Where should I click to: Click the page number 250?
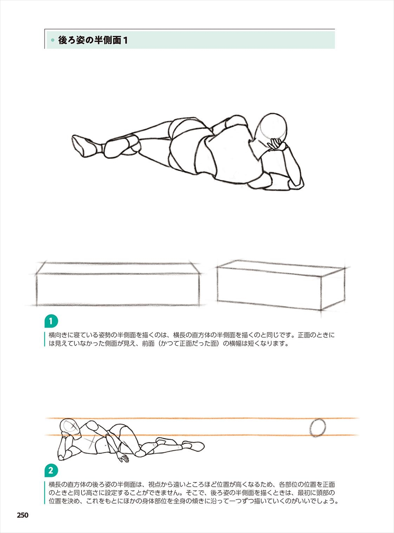click(23, 515)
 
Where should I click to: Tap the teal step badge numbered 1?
click(51, 321)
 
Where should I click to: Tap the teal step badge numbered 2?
click(51, 471)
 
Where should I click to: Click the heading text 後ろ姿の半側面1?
click(93, 40)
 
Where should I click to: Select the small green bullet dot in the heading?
click(53, 40)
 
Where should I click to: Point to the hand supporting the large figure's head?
click(276, 144)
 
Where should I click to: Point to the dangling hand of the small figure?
click(123, 457)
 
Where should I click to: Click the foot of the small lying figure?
click(194, 446)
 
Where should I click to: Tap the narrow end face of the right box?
click(333, 289)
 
